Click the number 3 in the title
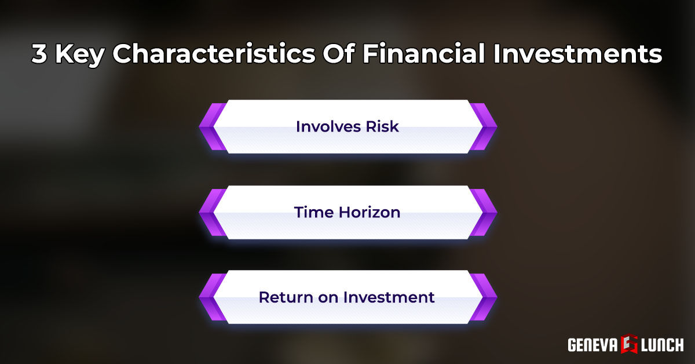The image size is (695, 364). point(40,55)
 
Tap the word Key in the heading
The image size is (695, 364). point(80,55)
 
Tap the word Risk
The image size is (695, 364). point(382,126)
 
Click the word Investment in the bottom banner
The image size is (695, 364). point(389,297)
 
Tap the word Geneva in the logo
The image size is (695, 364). point(592,345)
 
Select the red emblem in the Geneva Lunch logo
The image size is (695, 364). point(628,344)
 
